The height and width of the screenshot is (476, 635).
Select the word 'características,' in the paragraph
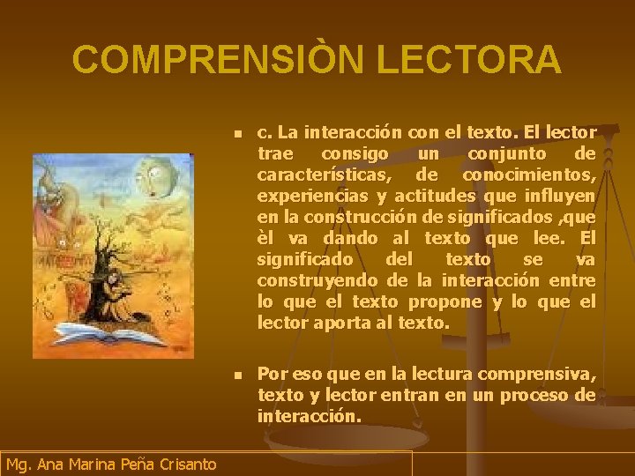pos(323,175)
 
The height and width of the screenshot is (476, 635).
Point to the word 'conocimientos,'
pos(529,175)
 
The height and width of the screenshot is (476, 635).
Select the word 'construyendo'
pos(317,280)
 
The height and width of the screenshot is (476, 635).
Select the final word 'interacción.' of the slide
pos(309,416)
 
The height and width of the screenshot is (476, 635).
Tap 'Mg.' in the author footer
pos(19,464)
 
